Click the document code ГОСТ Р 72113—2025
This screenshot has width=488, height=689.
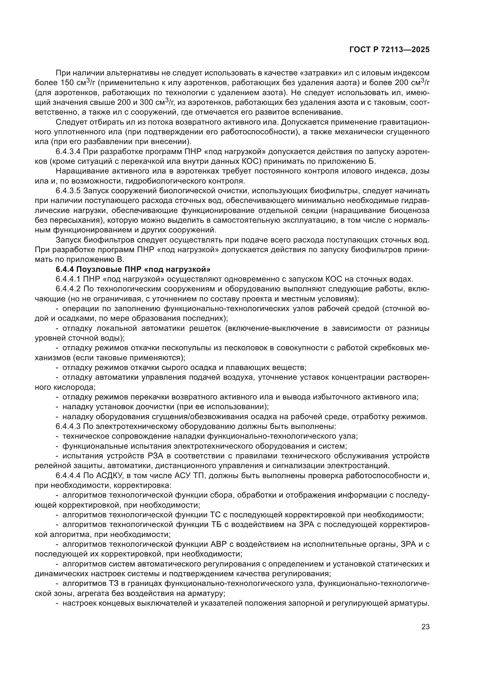pos(389,50)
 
